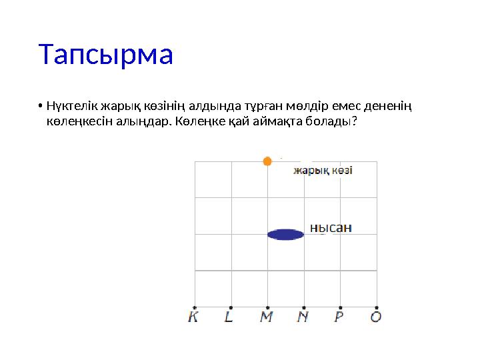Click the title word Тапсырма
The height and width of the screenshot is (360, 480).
point(106,55)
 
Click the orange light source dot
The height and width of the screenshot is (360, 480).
point(267,161)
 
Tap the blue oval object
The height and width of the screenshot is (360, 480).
point(285,234)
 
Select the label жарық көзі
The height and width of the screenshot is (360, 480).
point(323,171)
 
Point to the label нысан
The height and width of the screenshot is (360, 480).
point(331,228)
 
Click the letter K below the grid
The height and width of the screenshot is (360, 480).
point(193,317)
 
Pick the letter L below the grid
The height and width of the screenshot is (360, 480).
point(229,317)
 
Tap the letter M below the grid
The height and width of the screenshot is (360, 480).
point(266,317)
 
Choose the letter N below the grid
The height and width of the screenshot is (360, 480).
point(303,317)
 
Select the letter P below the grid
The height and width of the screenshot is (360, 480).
point(339,317)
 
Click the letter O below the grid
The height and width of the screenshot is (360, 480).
point(376,317)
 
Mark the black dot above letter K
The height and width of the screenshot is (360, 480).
point(194,307)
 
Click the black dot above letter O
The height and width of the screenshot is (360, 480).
point(377,307)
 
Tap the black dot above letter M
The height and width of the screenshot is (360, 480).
point(267,307)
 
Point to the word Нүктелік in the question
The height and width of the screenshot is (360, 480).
point(70,107)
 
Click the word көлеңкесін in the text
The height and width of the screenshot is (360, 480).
point(75,123)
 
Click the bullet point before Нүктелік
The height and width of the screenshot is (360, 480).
point(41,107)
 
